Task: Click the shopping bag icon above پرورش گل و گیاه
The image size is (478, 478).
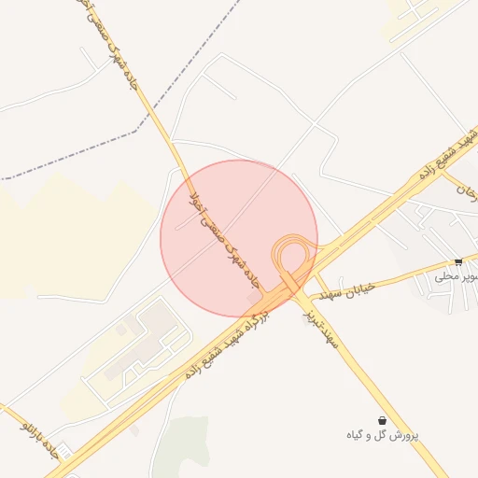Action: coord(383,420)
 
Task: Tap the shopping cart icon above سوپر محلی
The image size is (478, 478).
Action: coord(458,261)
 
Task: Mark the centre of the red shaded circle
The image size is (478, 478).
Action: coord(239,238)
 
